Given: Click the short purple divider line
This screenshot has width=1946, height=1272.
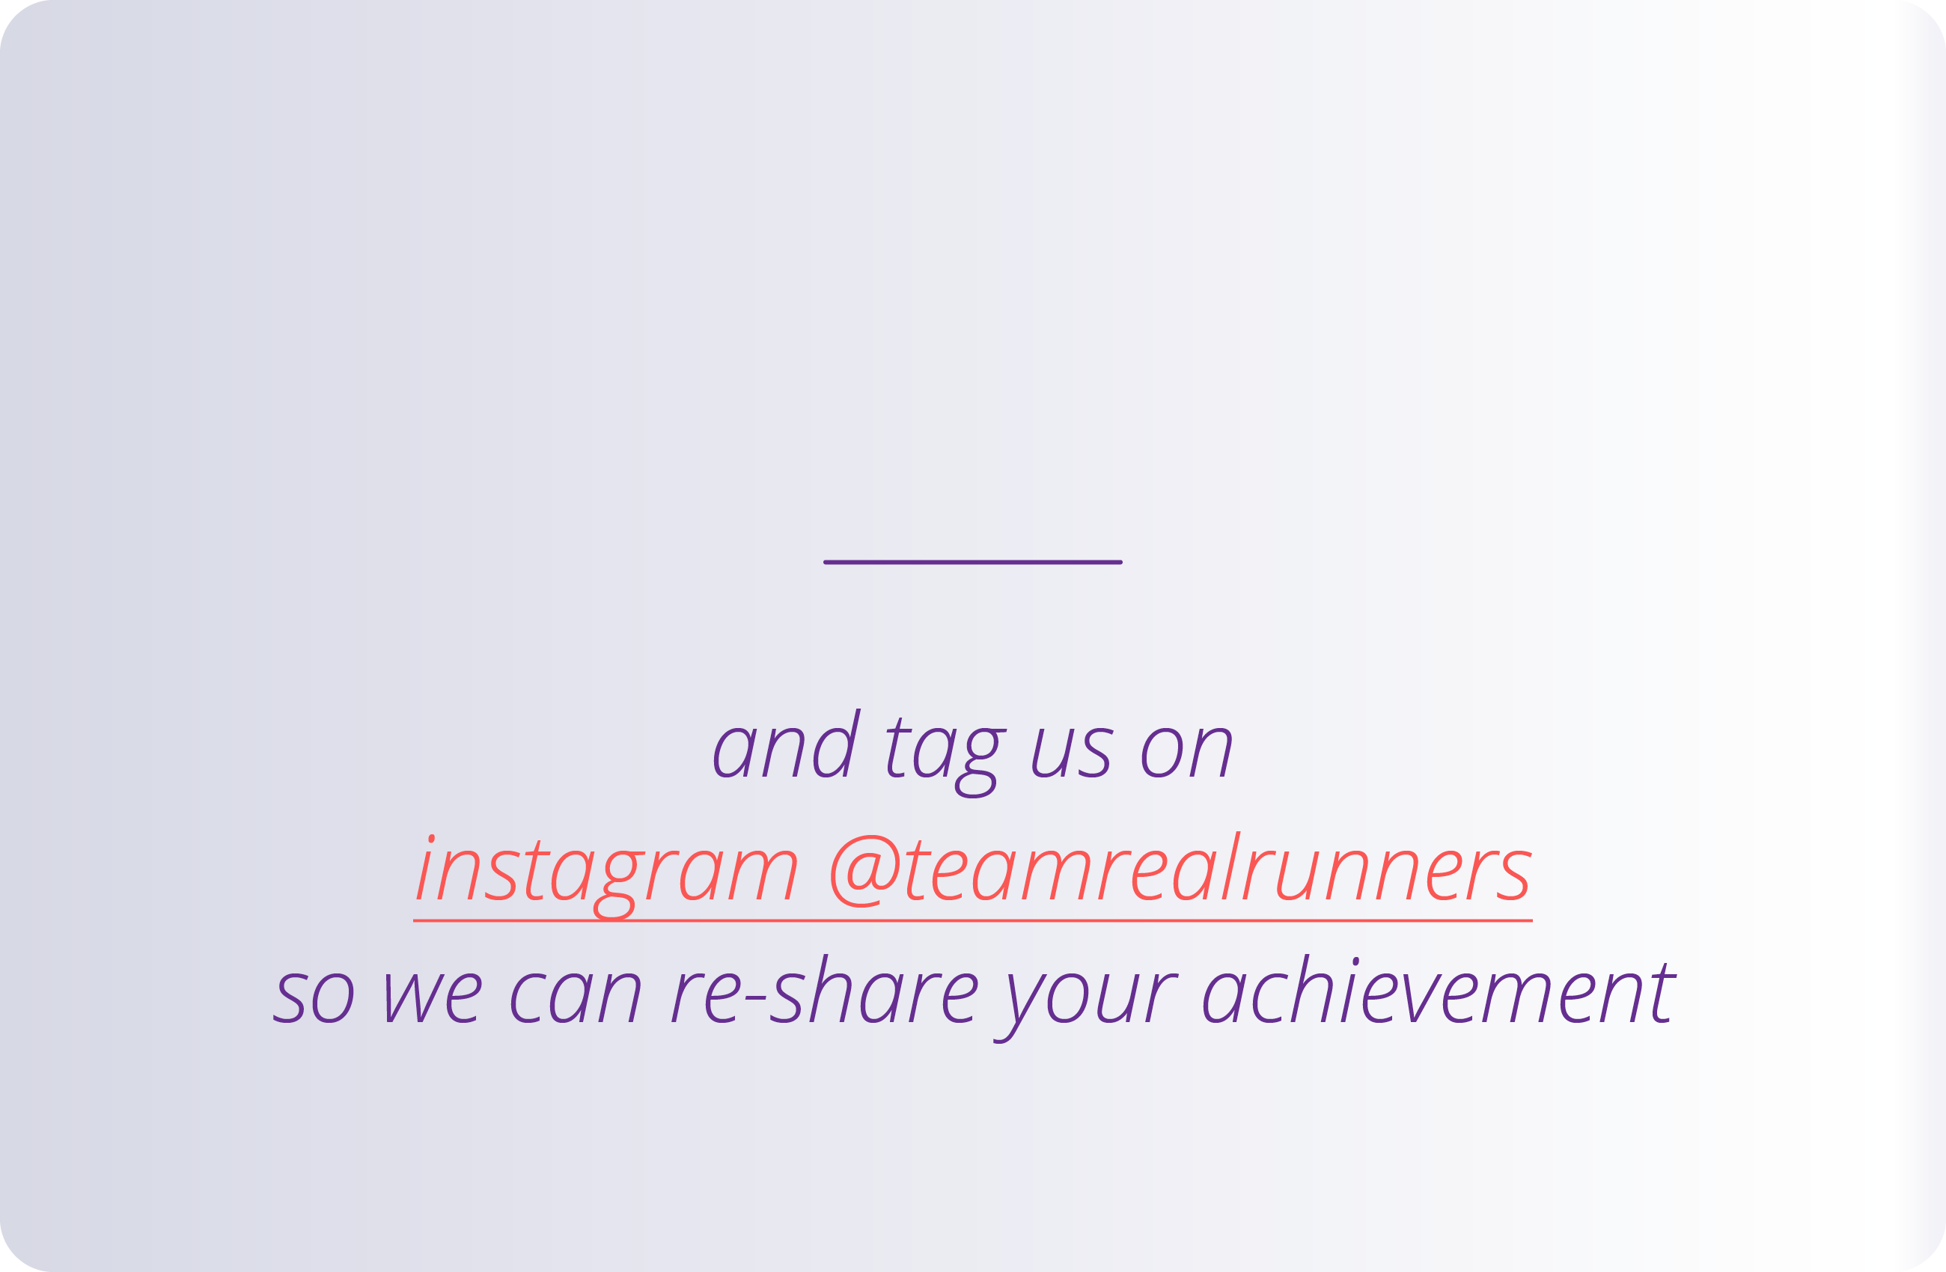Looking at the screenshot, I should [972, 563].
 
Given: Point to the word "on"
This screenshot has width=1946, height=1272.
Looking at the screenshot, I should [1186, 752].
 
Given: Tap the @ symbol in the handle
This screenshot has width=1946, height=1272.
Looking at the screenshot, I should [865, 872].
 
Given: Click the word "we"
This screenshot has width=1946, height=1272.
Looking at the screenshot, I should [434, 998].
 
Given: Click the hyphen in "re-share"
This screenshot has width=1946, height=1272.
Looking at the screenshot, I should [755, 998].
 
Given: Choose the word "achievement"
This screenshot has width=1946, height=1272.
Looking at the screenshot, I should [1439, 993].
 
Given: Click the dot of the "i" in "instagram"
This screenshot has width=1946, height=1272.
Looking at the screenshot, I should [431, 839].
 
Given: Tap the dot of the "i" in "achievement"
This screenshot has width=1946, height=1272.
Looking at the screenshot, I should [1355, 961].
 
